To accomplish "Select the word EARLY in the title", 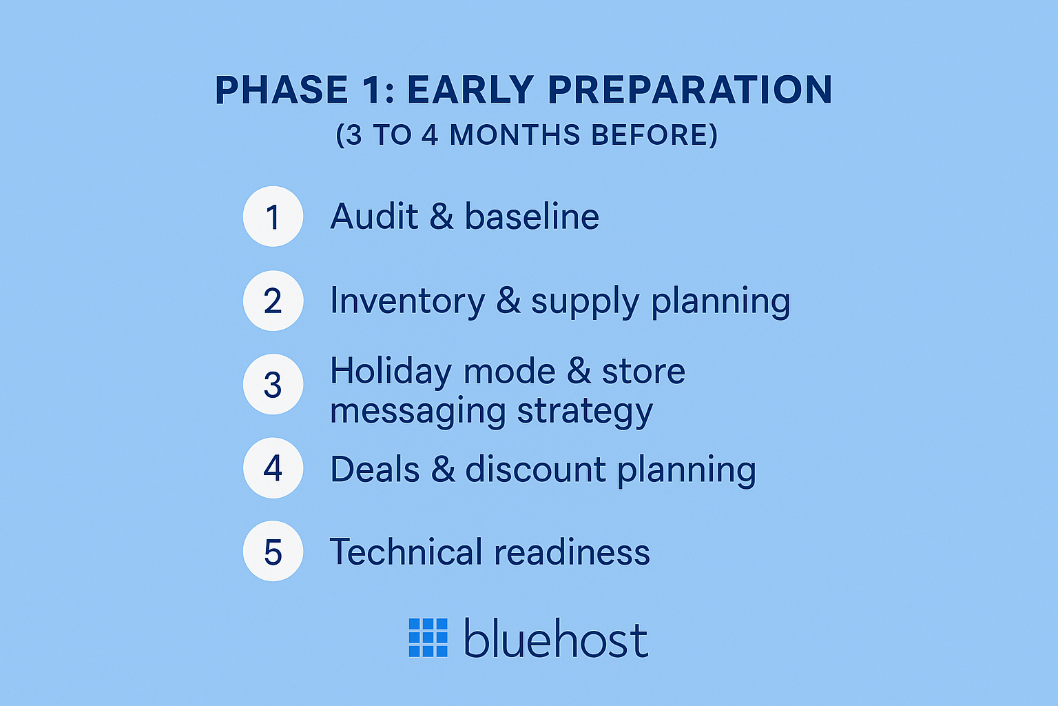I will [470, 90].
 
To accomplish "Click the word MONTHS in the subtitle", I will [515, 135].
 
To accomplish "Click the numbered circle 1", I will [273, 216].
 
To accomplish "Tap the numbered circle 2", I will [273, 301].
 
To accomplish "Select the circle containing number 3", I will [273, 385].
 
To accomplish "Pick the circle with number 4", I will [273, 468].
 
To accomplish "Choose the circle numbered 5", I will [273, 552].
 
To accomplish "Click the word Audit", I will [374, 216].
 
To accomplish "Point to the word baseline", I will [532, 216].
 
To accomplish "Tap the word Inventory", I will [408, 301].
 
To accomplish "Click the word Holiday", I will [391, 372].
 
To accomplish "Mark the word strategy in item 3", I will [585, 412].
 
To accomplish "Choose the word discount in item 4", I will [536, 470].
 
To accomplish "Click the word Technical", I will [406, 552].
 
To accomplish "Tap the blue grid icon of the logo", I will [428, 637].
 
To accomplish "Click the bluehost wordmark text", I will [555, 638].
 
